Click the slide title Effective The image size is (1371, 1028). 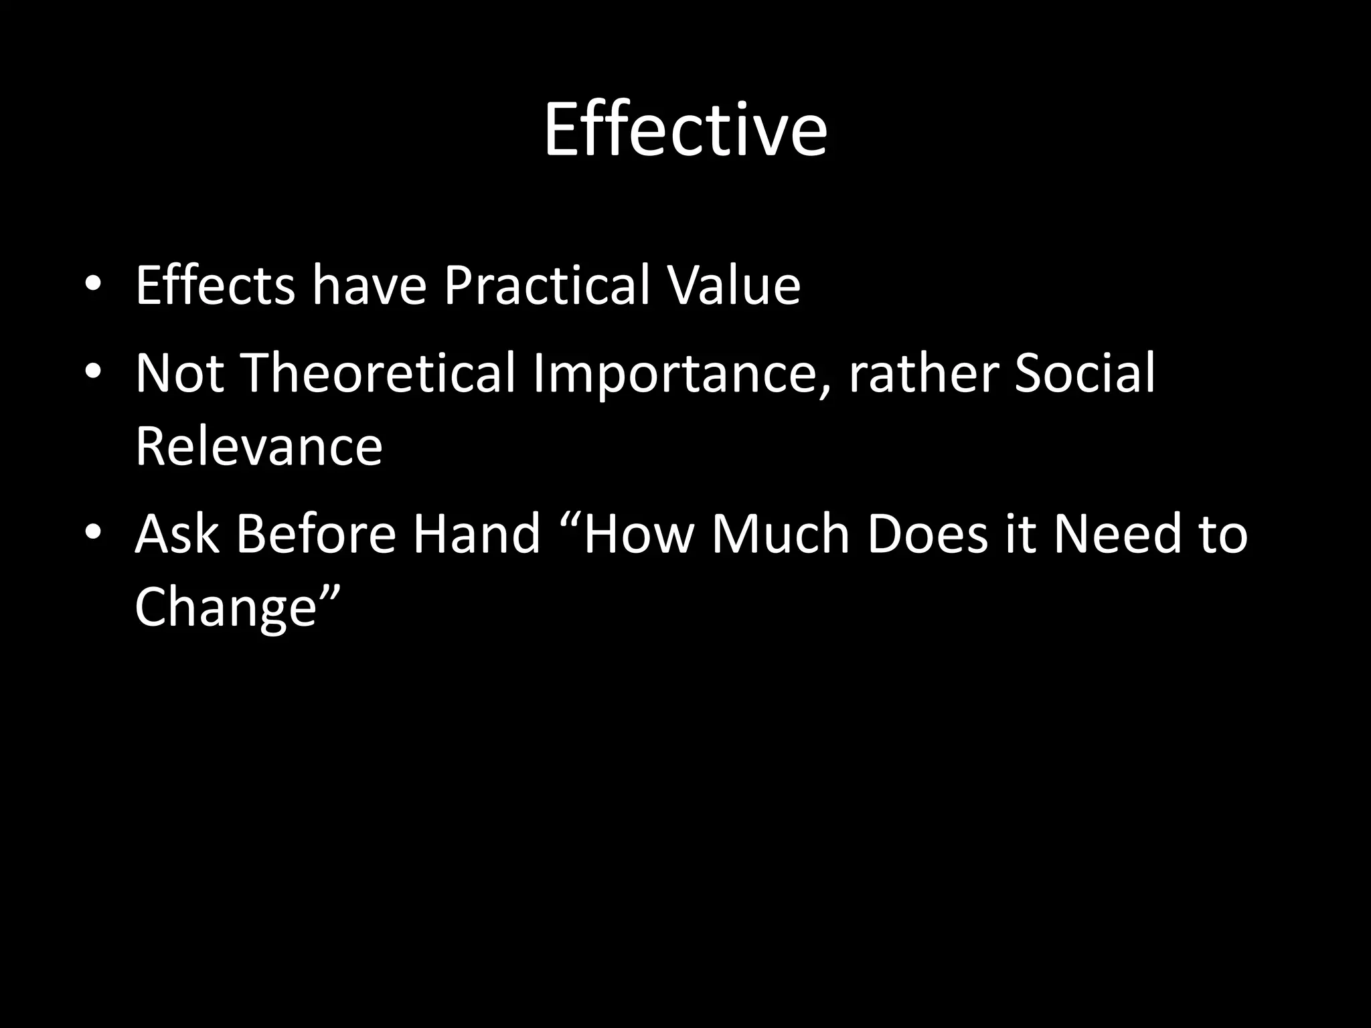[685, 130]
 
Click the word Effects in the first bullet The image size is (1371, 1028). [215, 286]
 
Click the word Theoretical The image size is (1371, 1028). [379, 373]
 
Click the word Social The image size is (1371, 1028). [1084, 373]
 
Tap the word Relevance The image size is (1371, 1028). [258, 447]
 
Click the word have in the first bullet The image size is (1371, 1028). [369, 286]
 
